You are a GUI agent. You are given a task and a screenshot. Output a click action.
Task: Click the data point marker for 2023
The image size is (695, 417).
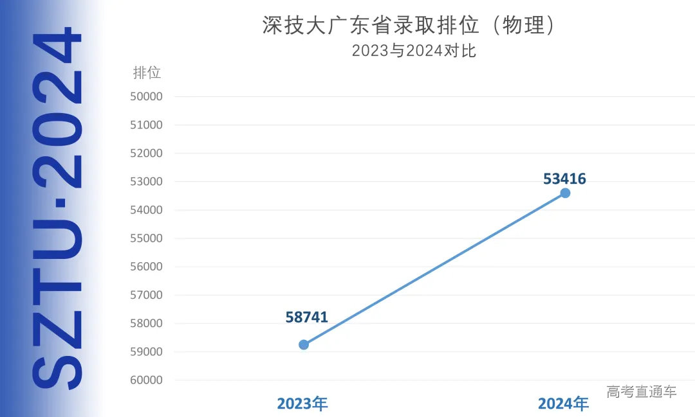coord(304,344)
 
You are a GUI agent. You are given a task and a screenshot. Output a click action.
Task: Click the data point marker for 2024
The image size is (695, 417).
coord(565,193)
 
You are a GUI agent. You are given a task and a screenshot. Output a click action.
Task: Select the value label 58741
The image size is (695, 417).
coord(307,317)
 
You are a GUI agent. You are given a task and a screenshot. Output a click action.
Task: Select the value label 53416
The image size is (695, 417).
coord(564,179)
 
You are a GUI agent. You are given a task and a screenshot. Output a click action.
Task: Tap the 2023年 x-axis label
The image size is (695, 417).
coord(302,404)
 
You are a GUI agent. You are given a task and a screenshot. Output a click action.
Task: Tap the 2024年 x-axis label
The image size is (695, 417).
coord(563,404)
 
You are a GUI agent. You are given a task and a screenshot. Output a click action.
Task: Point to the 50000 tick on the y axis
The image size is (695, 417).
coord(146,96)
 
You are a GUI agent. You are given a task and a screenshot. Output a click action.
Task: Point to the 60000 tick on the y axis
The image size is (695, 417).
coord(146,380)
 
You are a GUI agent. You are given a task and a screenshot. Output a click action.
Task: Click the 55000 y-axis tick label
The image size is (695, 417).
coord(146,238)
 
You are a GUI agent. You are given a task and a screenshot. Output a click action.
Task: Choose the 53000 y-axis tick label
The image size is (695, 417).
coord(146,182)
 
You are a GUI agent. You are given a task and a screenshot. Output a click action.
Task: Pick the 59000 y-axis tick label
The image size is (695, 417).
coord(146,351)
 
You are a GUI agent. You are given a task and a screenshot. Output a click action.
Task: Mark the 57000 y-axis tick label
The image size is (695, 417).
coord(146,295)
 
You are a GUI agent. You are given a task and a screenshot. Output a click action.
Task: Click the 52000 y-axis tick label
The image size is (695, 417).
coord(146,154)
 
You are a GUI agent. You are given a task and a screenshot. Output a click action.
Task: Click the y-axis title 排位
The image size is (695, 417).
coord(147,73)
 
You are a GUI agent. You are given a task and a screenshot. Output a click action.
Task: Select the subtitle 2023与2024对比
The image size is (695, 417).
coord(414,51)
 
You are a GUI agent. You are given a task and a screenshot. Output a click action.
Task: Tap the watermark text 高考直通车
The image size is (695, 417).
coord(641,391)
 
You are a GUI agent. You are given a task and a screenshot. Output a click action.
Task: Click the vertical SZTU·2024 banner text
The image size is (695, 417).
coord(58,209)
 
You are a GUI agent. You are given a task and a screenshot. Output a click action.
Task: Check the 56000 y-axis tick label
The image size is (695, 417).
coord(146,267)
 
